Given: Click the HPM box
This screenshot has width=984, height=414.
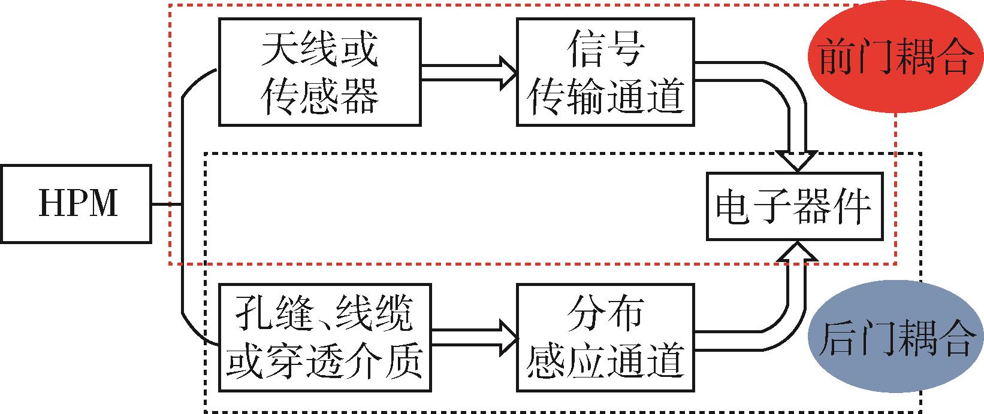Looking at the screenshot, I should point(75,204).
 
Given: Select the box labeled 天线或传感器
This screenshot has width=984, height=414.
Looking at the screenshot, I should point(320,72).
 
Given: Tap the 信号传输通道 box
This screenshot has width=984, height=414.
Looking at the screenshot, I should point(605,72).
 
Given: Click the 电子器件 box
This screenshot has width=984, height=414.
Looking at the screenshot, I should point(794,206).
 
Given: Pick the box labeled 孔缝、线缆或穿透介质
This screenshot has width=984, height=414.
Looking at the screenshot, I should point(324,338).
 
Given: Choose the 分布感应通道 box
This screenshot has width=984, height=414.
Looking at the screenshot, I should point(605,338).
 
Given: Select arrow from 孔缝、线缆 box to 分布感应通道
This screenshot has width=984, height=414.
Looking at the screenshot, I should point(473,338).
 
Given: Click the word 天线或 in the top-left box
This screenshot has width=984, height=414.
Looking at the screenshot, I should point(320,51).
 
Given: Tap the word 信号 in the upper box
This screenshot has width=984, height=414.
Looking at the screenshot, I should point(605,51).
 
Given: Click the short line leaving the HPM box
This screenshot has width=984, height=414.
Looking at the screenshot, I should point(165,205).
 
